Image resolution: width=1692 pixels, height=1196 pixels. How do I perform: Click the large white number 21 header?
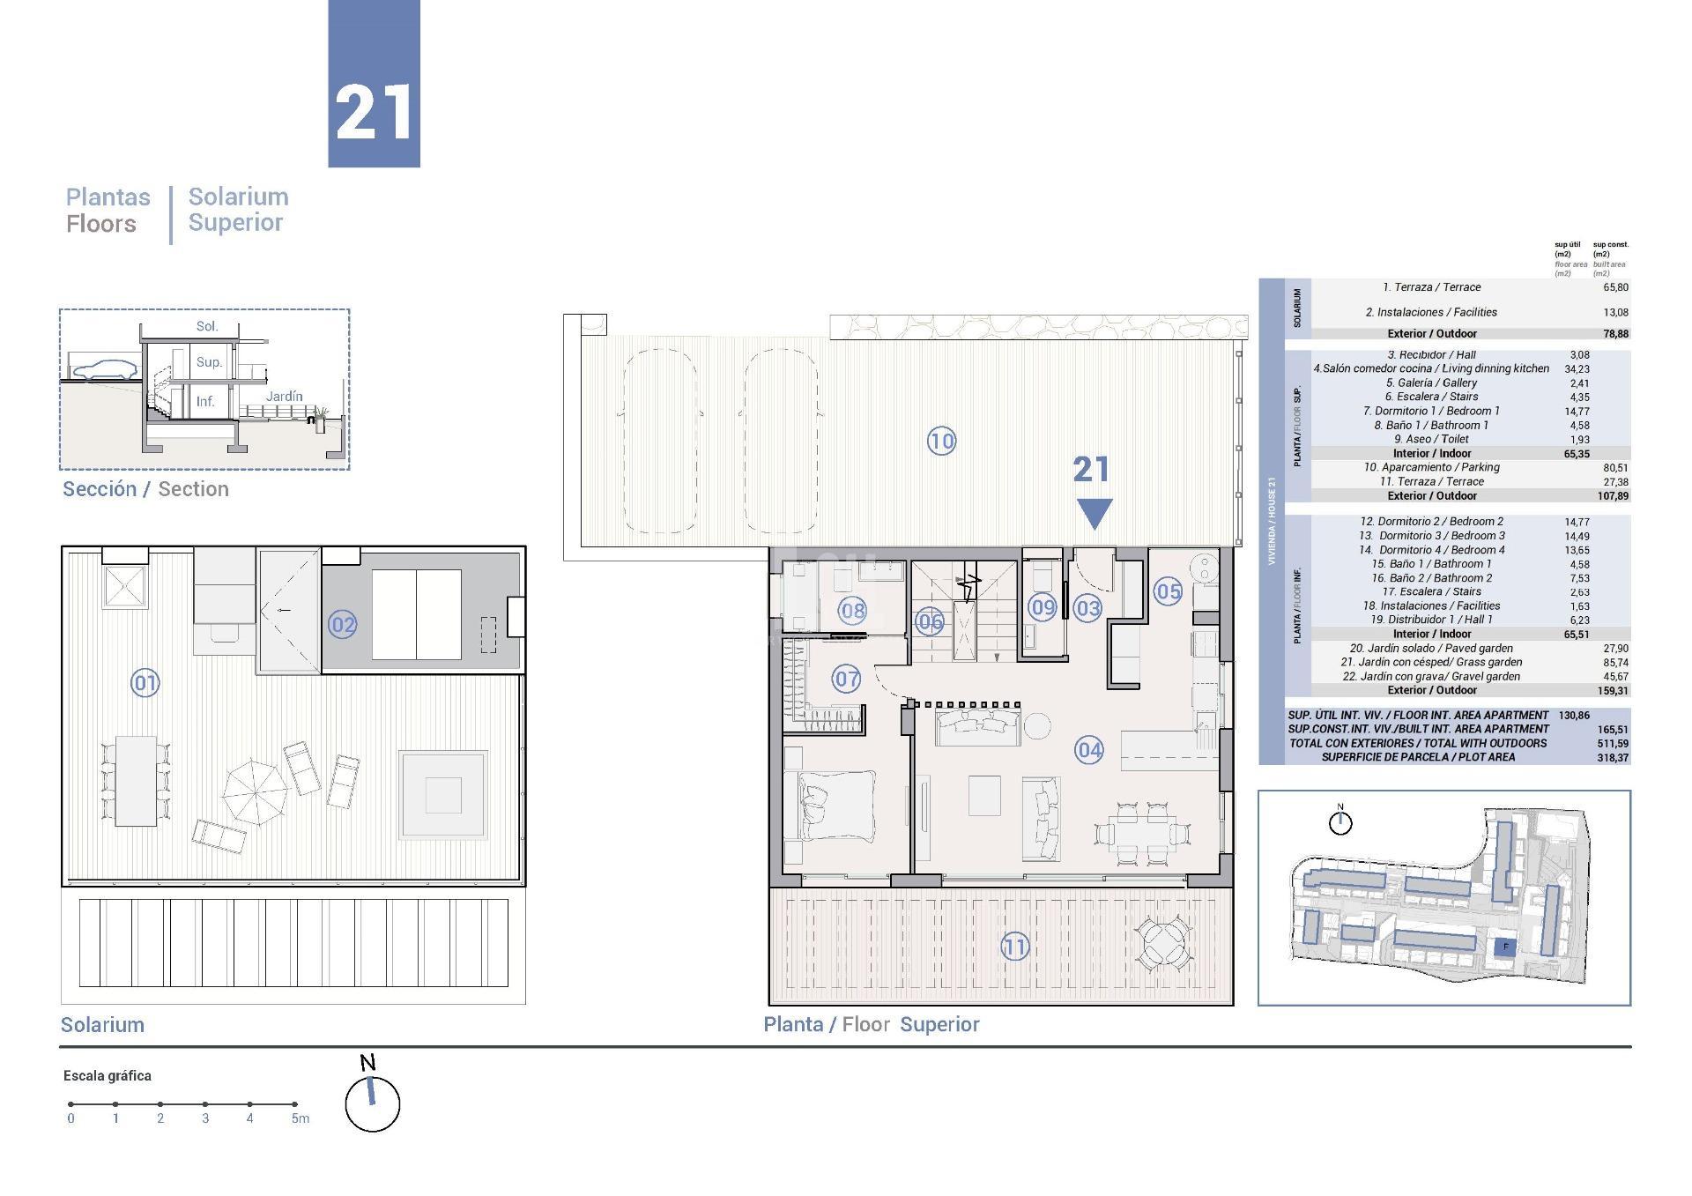[374, 113]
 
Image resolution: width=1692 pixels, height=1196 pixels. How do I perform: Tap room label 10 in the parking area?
[941, 441]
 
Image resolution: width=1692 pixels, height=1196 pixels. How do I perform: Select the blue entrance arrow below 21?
[1095, 513]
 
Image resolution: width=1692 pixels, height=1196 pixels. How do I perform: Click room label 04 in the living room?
[1089, 750]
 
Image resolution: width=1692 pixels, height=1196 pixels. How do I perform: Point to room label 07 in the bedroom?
[847, 679]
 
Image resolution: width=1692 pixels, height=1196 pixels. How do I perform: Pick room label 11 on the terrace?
[1014, 947]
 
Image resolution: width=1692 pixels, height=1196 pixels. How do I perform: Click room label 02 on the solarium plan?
[342, 625]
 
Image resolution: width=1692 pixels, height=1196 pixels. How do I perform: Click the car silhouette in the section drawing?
[103, 371]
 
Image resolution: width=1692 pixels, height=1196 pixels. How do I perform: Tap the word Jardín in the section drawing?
[284, 397]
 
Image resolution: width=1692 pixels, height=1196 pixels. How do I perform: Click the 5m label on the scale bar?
[301, 1118]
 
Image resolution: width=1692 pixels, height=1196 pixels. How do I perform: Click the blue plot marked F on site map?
[1505, 947]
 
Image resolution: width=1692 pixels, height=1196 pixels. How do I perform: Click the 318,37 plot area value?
[1612, 758]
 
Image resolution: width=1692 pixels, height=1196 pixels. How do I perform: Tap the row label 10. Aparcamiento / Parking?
[1431, 467]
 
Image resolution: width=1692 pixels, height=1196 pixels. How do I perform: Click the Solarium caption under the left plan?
[102, 1025]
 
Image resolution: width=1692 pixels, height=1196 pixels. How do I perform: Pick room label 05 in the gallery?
[1168, 591]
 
